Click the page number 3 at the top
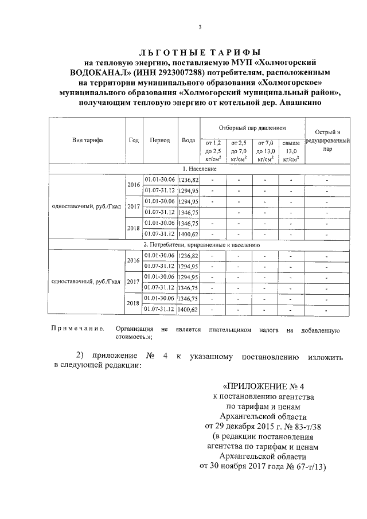tap(200, 28)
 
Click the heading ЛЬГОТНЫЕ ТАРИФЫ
tap(199, 52)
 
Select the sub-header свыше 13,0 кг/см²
tap(291, 151)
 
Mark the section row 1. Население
tap(199, 169)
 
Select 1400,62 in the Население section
tap(188, 234)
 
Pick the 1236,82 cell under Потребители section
tap(188, 256)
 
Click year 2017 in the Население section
tap(134, 206)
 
